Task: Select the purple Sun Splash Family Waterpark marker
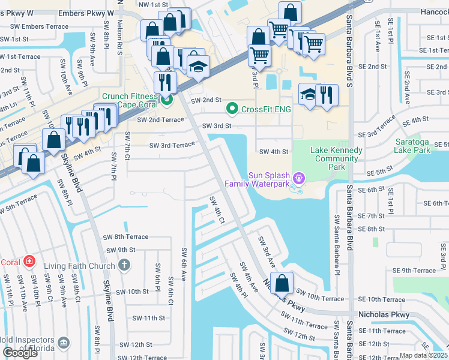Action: click(x=300, y=178)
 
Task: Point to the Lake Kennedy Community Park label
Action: click(x=336, y=158)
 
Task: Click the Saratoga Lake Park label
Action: click(x=412, y=145)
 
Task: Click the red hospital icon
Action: click(x=28, y=262)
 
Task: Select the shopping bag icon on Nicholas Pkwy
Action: click(x=282, y=283)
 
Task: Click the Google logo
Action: click(x=20, y=353)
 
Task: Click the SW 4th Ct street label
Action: click(x=217, y=211)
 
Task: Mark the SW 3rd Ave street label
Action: click(x=267, y=252)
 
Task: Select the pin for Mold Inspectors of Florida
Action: click(x=65, y=342)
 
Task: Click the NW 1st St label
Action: click(x=152, y=5)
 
